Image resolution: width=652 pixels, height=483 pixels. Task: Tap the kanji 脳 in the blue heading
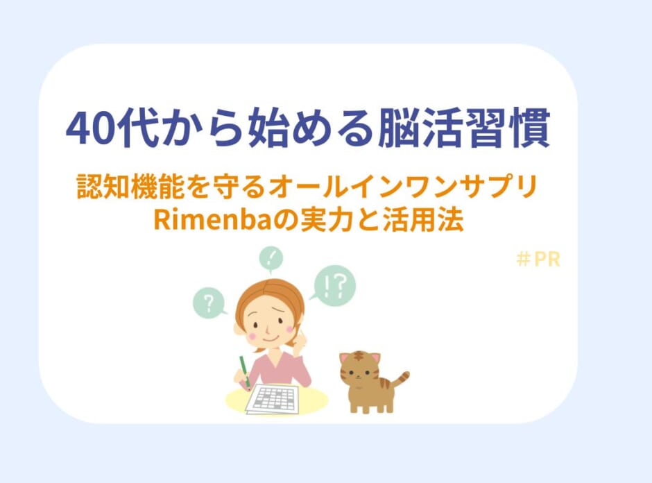pyautogui.click(x=398, y=128)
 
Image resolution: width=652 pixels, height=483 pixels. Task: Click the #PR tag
pyautogui.click(x=538, y=259)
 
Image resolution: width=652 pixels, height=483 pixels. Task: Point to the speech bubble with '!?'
pyautogui.click(x=335, y=285)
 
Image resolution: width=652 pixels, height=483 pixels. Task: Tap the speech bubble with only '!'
pyautogui.click(x=271, y=259)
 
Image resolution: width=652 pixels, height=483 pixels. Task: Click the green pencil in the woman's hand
pyautogui.click(x=244, y=371)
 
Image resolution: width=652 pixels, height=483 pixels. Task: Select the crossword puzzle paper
pyautogui.click(x=273, y=399)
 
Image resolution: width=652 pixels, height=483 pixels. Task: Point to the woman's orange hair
pyautogui.click(x=269, y=296)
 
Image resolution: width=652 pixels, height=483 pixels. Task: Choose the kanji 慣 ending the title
pyautogui.click(x=529, y=128)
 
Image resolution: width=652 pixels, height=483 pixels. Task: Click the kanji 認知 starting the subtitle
pyautogui.click(x=103, y=187)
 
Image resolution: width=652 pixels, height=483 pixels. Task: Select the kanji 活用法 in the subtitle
pyautogui.click(x=423, y=219)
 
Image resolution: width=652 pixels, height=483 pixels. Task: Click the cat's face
pyautogui.click(x=359, y=371)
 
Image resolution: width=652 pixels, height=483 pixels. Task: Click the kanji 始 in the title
pyautogui.click(x=268, y=128)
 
